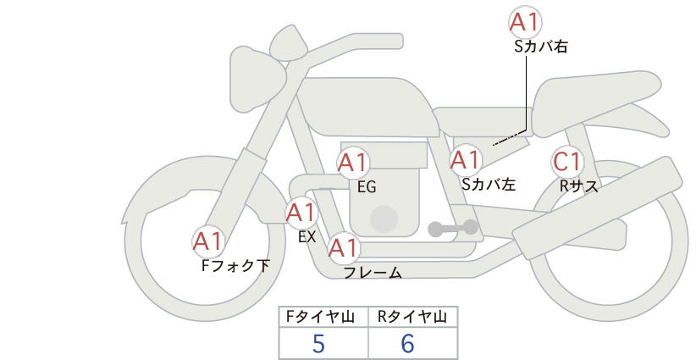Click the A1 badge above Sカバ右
click(525, 22)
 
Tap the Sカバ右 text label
click(540, 47)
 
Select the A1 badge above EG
click(353, 162)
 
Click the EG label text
click(367, 187)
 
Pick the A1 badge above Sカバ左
click(465, 158)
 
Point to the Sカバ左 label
click(489, 184)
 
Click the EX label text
click(307, 237)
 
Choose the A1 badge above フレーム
click(343, 248)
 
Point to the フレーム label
click(372, 273)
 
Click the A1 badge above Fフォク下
click(208, 241)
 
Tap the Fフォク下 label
click(235, 265)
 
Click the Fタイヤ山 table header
click(323, 317)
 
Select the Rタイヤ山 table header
click(412, 317)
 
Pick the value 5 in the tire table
click(318, 343)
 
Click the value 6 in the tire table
click(408, 343)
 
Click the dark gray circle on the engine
click(385, 219)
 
